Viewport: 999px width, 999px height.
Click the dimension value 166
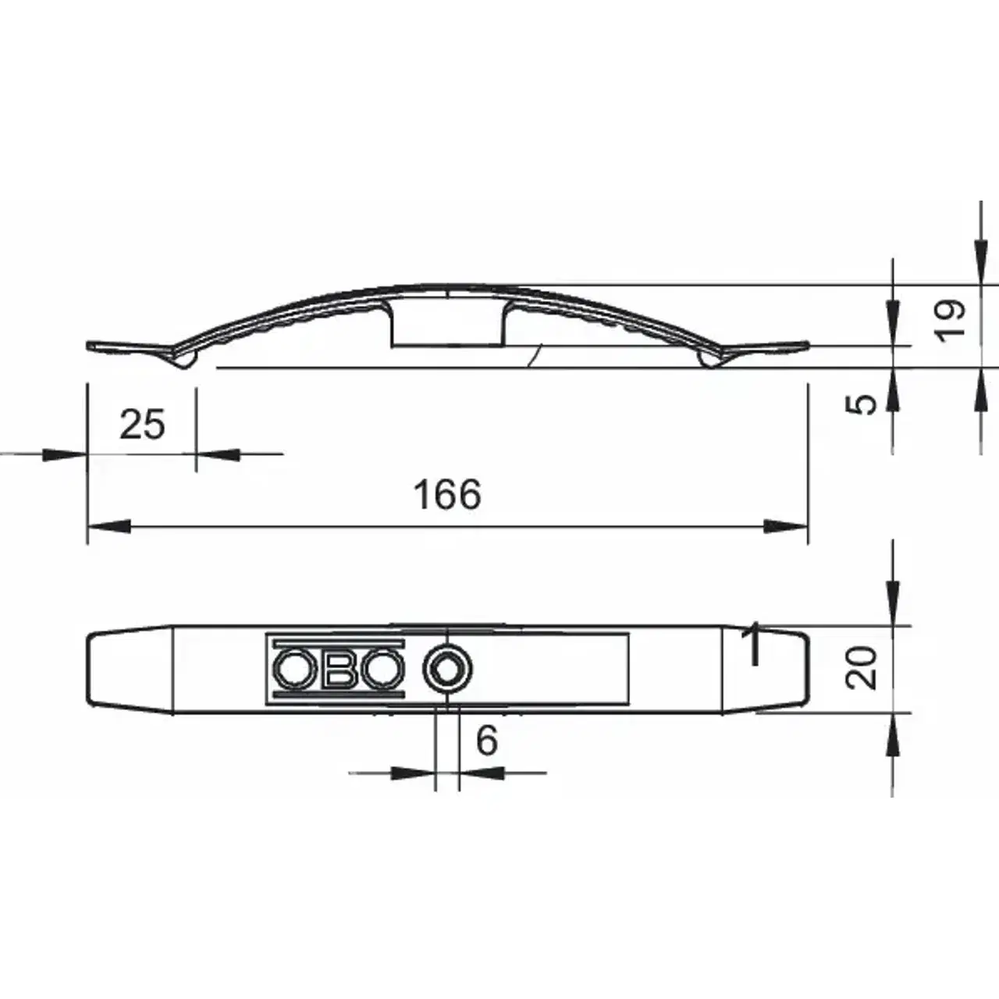pos(447,494)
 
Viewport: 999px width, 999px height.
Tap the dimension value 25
pos(142,424)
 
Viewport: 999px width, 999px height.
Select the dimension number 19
pos(950,320)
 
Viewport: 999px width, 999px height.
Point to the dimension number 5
pos(861,404)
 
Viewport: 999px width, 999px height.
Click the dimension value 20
pos(861,668)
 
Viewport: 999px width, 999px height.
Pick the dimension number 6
pos(487,740)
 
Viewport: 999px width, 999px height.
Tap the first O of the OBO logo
pos(294,669)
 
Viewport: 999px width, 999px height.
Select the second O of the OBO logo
pos(382,669)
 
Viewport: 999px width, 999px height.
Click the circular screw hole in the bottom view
pos(447,669)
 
